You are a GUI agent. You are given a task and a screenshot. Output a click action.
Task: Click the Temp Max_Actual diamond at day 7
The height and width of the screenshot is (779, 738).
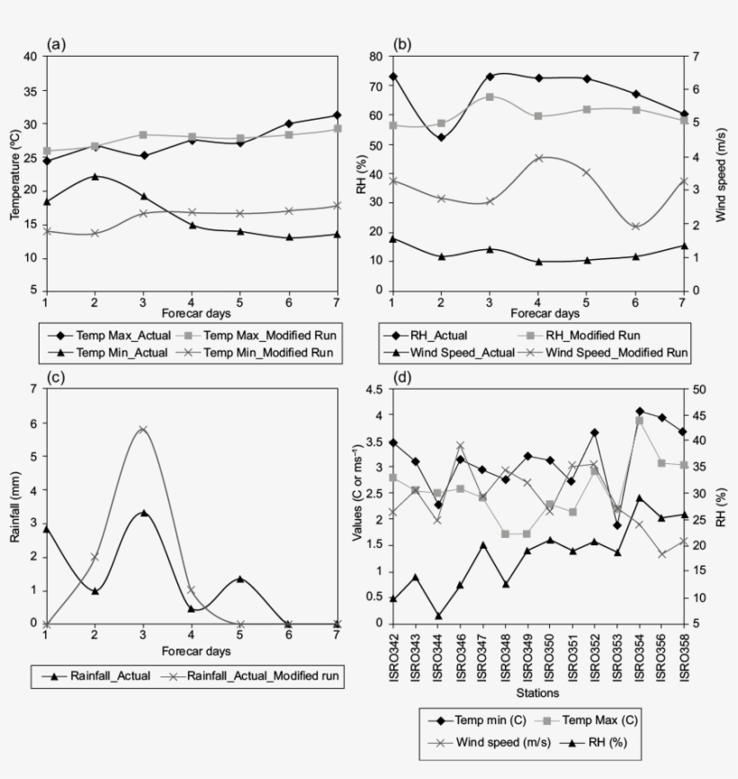(x=337, y=115)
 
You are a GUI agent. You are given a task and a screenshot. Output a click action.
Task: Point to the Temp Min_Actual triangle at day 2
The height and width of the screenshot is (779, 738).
(x=94, y=176)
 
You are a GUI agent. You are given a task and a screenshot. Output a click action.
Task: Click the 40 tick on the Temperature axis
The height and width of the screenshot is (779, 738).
(x=31, y=56)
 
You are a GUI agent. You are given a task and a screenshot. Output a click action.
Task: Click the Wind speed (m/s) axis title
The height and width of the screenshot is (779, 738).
(x=721, y=173)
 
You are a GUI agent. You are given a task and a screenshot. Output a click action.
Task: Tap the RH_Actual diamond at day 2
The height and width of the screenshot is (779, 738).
(x=441, y=138)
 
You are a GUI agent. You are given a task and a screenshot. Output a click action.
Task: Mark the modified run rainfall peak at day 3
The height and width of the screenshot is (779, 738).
(x=143, y=430)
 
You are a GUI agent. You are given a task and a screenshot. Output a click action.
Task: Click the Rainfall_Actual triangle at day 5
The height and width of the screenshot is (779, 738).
(x=240, y=578)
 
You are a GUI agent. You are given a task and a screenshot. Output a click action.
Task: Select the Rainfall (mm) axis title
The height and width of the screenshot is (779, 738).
(x=14, y=506)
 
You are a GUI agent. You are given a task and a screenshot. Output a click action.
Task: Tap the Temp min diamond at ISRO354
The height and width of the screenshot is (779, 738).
(x=640, y=411)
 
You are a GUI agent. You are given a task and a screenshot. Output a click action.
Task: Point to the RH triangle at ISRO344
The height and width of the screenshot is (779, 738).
(x=438, y=616)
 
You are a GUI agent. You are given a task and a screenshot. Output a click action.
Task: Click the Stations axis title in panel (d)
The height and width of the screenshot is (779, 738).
(x=537, y=693)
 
